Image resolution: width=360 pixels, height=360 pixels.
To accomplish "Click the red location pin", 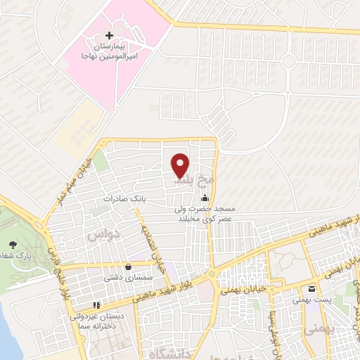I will coord(180,165).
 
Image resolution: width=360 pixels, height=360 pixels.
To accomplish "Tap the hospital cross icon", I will coord(108,35).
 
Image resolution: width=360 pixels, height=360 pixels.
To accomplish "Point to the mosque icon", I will coord(205,198).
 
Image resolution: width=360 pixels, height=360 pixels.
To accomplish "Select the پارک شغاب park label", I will coord(16,257).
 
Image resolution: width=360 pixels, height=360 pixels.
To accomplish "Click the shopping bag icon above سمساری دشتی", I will coord(129,266).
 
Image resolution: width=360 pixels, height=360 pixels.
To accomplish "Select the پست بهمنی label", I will coord(310,300).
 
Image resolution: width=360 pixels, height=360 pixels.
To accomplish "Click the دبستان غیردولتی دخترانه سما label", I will coord(96,322).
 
